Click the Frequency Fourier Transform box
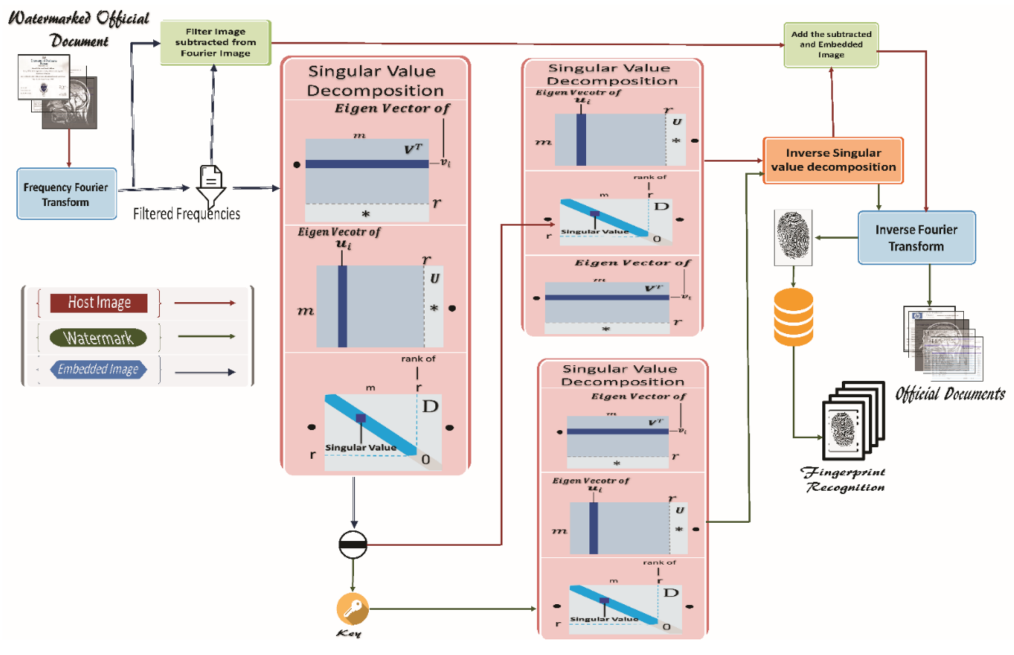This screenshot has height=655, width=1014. pos(67,194)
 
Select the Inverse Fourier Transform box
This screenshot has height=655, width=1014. pos(916,238)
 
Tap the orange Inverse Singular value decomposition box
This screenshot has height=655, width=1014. pos(833,160)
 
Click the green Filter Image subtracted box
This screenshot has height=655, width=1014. pos(215,43)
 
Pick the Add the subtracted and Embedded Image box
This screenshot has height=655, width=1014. pos(830,44)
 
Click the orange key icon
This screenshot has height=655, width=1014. pos(352,608)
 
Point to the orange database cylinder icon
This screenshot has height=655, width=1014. pos(793,317)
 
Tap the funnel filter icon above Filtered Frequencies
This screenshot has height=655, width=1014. pos(211,185)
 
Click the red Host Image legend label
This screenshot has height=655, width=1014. pos(99,303)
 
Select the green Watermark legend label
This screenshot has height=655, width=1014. pos(98,338)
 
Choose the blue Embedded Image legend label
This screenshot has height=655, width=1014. pos(98,369)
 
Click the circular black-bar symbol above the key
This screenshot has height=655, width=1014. pos(353,544)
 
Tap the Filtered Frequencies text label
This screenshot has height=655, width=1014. pos(186,214)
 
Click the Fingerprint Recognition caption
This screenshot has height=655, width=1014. pos(844,479)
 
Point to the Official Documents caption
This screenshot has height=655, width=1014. pos(949,394)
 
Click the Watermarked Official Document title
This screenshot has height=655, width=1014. pos(79,29)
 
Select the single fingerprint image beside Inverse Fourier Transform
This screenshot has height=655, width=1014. pos(793,237)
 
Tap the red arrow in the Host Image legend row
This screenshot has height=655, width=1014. pos(205,303)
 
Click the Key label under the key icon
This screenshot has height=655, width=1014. pos(349,633)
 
